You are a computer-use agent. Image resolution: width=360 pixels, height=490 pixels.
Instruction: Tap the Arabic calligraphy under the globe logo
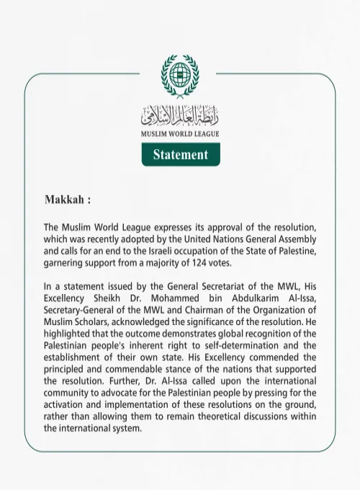180,115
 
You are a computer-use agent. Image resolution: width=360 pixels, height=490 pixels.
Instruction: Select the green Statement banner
180,154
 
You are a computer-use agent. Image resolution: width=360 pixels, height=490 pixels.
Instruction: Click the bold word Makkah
66,198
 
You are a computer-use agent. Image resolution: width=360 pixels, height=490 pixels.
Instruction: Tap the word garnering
66,263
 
